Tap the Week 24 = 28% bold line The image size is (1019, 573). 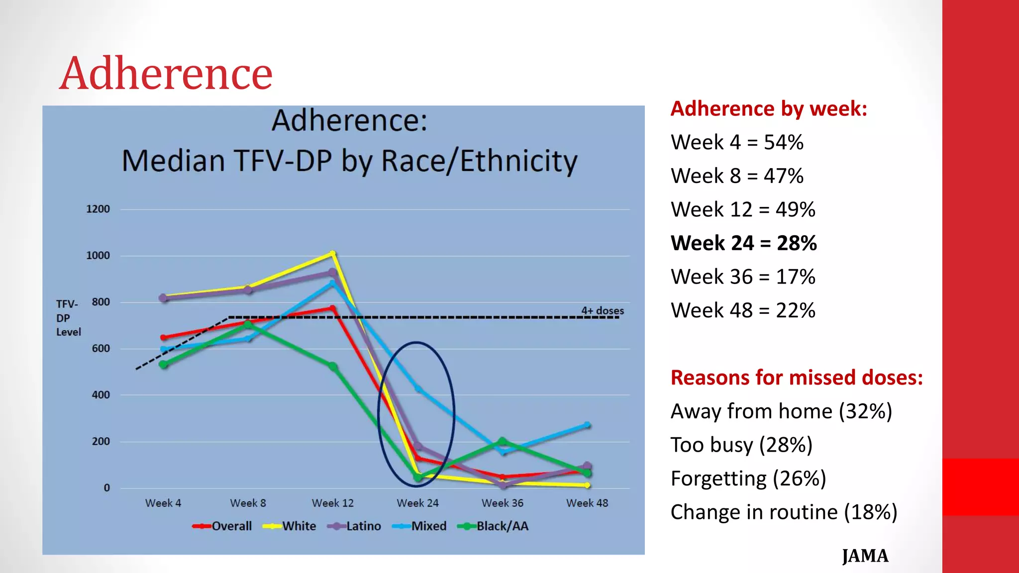click(743, 243)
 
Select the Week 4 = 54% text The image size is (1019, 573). click(736, 142)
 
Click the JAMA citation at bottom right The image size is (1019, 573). click(865, 556)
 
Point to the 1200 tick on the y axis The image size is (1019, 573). click(98, 209)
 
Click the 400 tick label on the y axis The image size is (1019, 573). click(101, 395)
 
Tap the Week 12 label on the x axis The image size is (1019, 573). click(332, 503)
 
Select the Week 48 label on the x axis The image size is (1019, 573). click(587, 503)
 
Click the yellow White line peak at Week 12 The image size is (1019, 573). click(333, 254)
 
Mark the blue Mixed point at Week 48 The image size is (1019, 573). click(587, 425)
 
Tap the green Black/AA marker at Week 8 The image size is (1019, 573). click(248, 325)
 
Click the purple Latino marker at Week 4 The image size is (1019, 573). click(163, 298)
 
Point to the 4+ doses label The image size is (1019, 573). click(602, 310)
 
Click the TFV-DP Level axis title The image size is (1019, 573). click(68, 318)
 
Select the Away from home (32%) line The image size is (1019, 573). click(781, 411)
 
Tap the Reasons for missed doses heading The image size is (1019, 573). click(796, 378)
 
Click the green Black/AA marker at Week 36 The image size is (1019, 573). click(503, 441)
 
